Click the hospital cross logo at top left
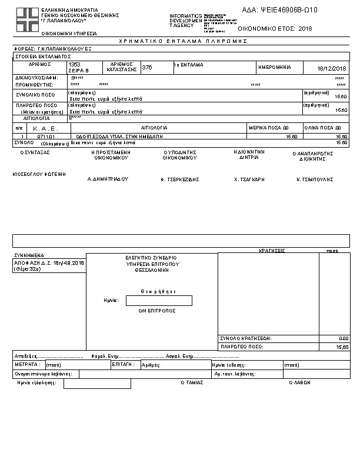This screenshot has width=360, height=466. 25,19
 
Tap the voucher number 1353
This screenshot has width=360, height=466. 75,64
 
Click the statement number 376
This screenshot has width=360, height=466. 147,68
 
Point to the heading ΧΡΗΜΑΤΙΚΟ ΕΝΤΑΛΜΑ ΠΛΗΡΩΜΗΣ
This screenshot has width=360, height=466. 183,41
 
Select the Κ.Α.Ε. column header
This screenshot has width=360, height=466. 43,128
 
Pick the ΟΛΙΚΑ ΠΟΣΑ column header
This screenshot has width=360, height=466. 322,128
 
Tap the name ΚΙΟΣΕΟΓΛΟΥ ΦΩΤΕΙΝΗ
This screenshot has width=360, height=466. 39,174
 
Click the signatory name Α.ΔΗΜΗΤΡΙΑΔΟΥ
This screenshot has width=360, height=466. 108,178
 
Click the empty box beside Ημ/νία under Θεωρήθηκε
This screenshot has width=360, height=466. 159,301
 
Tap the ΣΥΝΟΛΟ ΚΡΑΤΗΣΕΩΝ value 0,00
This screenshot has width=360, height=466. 344,339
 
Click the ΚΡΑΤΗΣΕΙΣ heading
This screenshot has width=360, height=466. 272,250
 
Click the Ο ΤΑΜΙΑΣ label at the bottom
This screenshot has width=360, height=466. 192,382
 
